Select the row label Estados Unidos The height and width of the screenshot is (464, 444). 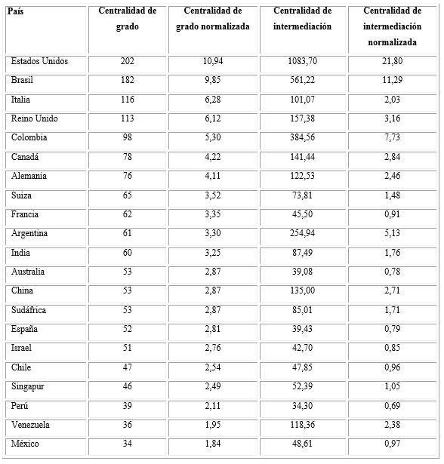coord(39,61)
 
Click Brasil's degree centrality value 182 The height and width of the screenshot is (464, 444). coord(128,80)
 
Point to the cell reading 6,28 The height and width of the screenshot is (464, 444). coord(213,100)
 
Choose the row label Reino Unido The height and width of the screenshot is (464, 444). coord(35,118)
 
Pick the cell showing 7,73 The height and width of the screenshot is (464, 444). coord(392,138)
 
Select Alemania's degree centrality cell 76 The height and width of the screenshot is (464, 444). coord(128,176)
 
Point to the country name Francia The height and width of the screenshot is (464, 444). coord(25,214)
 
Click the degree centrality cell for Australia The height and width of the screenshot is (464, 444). coord(128,272)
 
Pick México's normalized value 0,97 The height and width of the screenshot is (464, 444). coord(392,444)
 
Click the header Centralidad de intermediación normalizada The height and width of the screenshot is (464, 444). coord(392,26)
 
